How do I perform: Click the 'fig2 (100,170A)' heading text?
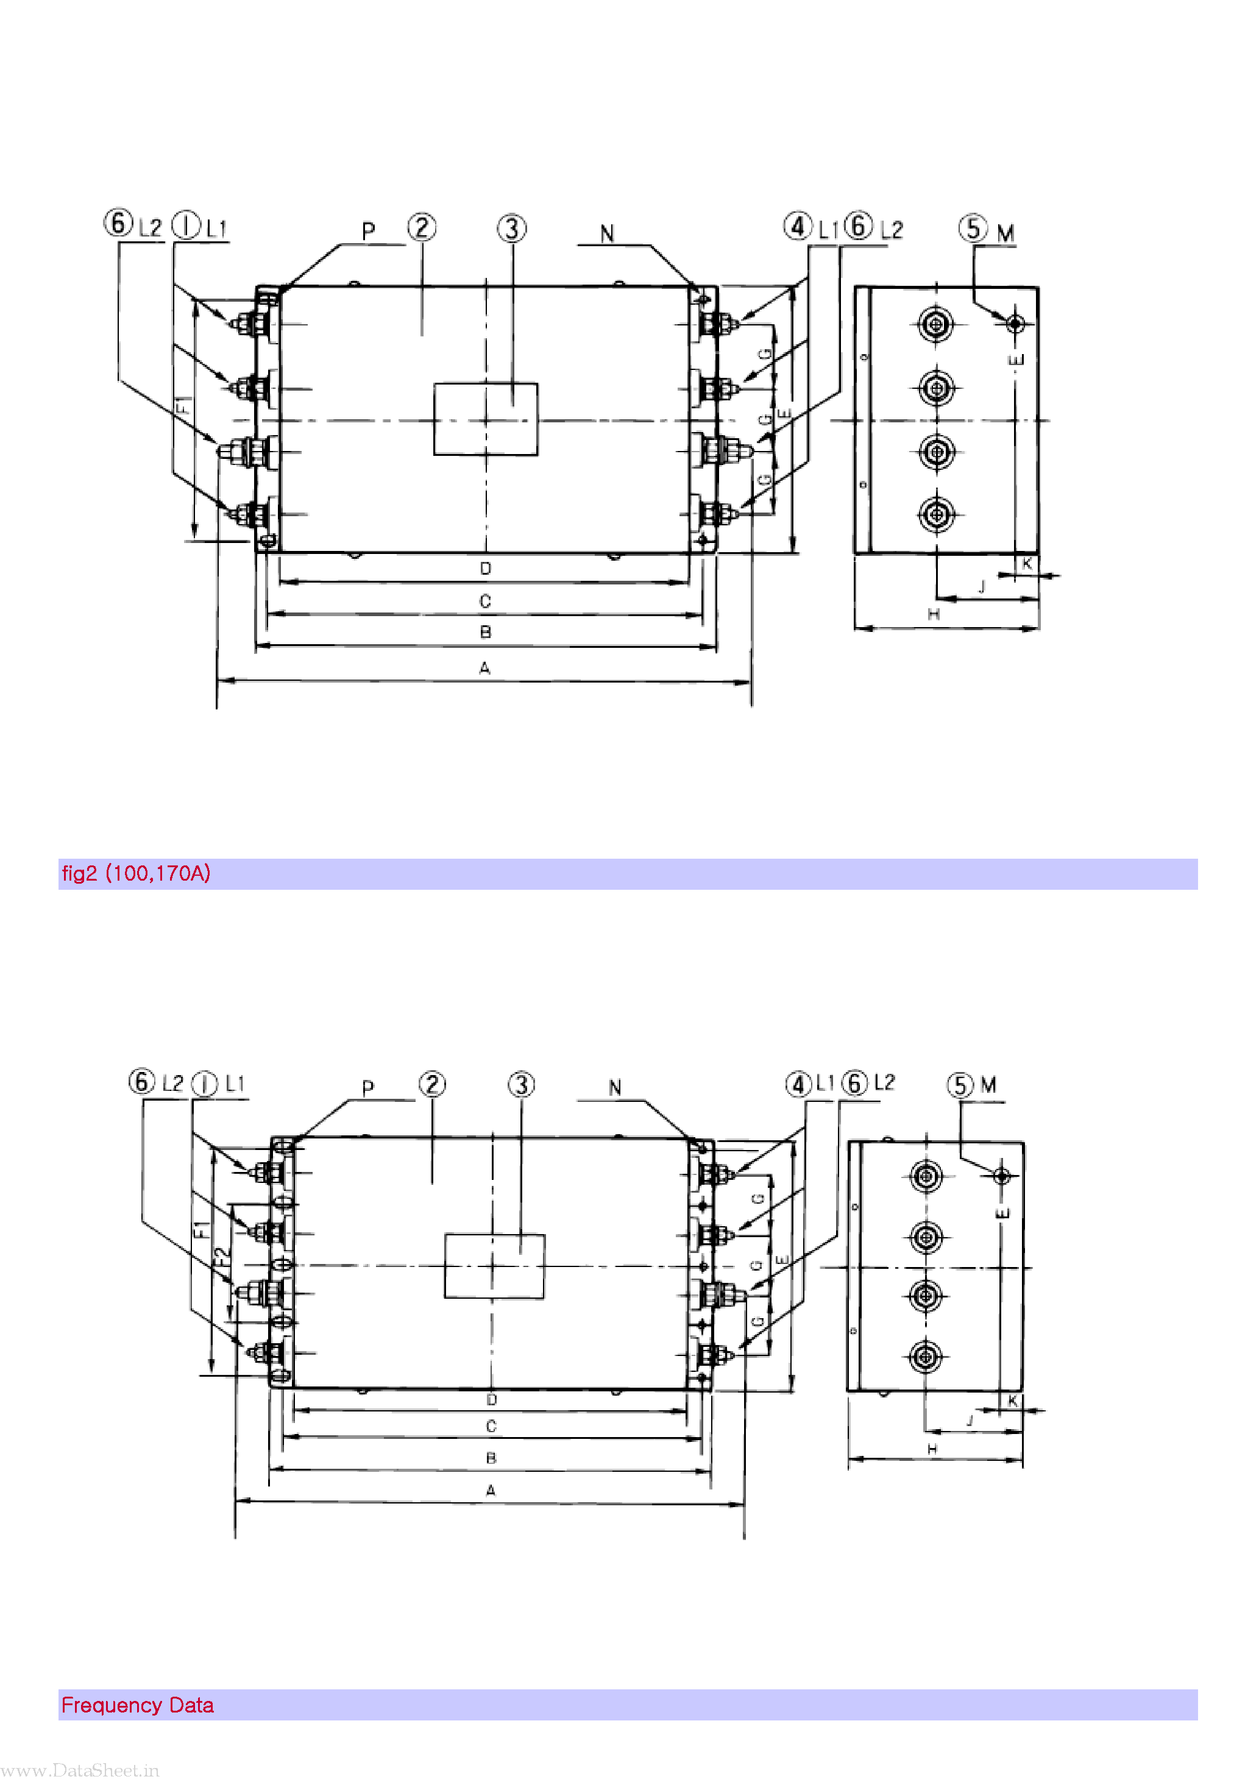(136, 874)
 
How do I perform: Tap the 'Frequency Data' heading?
(137, 1705)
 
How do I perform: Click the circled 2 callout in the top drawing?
(422, 227)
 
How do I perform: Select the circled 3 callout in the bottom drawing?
(521, 1085)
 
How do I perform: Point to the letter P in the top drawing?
(369, 230)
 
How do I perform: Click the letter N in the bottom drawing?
(615, 1087)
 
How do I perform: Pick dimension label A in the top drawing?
(484, 667)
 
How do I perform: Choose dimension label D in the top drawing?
(485, 568)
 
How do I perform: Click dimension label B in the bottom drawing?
(491, 1458)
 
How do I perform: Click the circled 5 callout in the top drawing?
(973, 228)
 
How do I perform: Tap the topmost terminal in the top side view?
(936, 324)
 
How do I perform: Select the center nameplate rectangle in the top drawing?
(485, 419)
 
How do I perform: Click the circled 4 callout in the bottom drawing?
(798, 1084)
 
